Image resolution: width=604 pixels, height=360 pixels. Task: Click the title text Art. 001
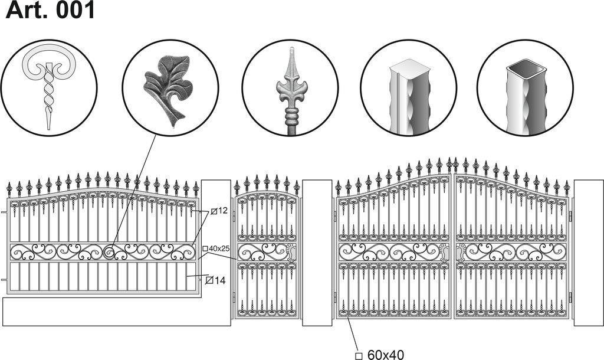[x=50, y=11]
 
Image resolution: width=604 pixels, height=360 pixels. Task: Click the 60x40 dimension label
[x=385, y=355]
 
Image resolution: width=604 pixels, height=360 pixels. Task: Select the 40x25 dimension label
[x=219, y=248]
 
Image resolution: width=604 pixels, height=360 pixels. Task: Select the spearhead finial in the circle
[x=291, y=91]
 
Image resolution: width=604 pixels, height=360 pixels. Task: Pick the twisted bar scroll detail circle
[x=49, y=88]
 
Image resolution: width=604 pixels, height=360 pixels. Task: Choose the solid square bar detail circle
[x=409, y=88]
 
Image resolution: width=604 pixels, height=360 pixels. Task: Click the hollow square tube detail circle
[x=526, y=88]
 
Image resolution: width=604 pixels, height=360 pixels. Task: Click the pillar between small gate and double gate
[x=317, y=253]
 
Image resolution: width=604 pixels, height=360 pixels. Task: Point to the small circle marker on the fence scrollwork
[x=109, y=253]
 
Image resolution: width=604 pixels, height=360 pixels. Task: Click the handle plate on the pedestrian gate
[x=291, y=253]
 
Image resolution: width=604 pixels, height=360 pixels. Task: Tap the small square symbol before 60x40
[x=359, y=355]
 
